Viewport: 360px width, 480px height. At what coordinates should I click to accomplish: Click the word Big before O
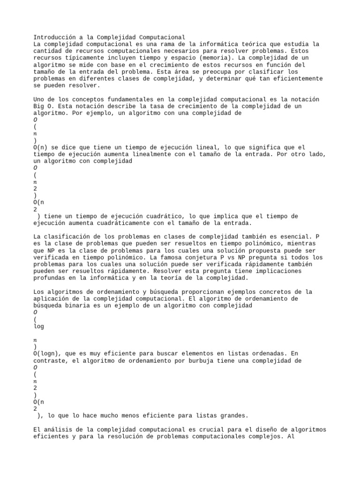39,106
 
